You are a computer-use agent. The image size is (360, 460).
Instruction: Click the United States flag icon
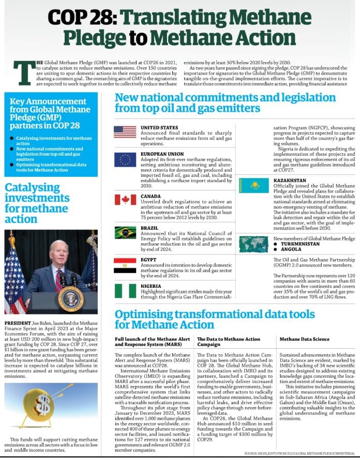(x=125, y=132)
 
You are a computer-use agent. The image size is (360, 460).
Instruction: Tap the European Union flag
(x=125, y=159)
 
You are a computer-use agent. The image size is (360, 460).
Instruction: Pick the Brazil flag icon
(x=125, y=232)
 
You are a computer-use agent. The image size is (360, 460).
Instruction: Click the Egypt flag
(x=125, y=265)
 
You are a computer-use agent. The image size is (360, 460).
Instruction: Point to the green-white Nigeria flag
(x=125, y=291)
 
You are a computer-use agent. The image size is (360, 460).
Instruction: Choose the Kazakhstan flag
(x=252, y=185)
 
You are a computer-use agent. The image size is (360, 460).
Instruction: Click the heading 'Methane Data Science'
(x=304, y=339)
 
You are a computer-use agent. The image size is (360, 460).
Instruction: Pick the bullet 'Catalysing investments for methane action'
(x=50, y=140)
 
